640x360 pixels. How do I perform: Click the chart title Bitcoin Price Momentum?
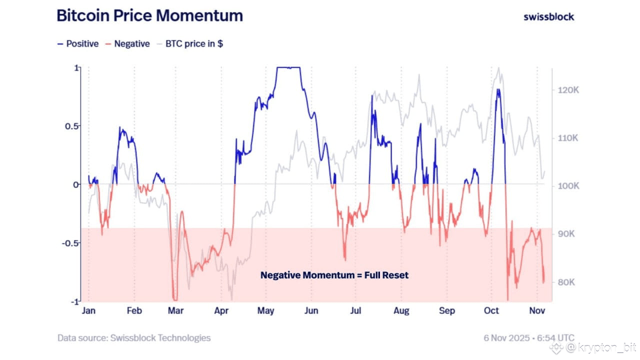[149, 15]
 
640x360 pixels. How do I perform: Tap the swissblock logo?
[548, 16]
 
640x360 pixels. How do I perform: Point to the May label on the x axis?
[265, 311]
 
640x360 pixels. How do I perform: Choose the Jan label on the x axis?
[88, 311]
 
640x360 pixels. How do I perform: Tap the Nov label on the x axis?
[537, 311]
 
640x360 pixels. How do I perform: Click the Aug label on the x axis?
[401, 311]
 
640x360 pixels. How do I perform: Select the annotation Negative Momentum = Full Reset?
[334, 275]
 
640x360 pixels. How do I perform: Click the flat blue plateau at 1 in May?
[289, 67]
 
